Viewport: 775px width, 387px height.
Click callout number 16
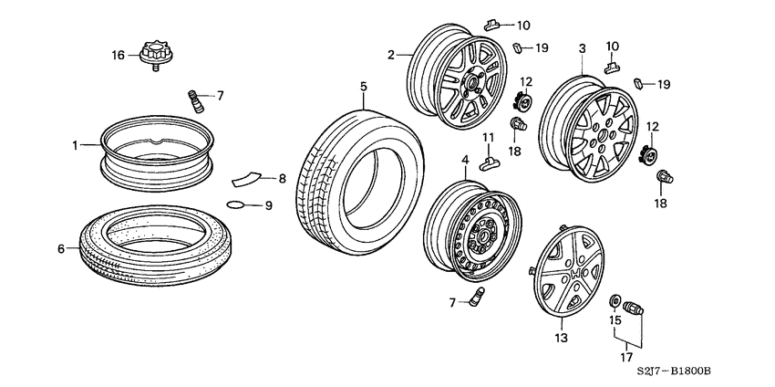pos(118,56)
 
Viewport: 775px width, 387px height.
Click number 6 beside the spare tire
pos(61,248)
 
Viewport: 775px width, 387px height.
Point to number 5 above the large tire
pos(363,87)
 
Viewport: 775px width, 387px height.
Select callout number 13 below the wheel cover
pos(561,338)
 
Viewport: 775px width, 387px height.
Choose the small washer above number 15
pos(616,301)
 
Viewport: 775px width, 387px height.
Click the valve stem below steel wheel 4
pos(478,297)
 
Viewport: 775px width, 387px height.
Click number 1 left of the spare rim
pos(77,144)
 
